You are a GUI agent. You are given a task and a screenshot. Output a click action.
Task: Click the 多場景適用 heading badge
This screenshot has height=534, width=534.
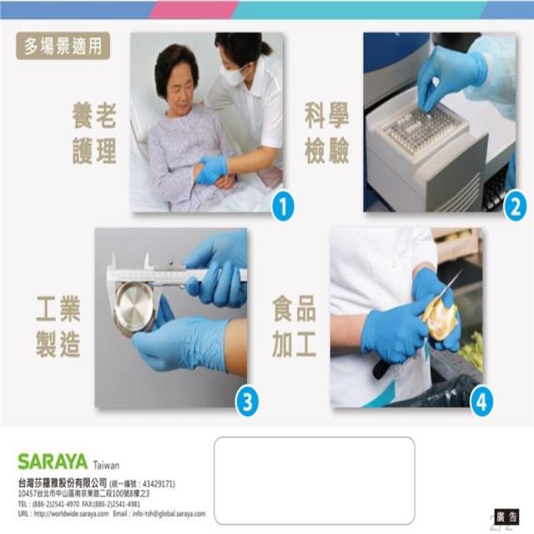[63, 47]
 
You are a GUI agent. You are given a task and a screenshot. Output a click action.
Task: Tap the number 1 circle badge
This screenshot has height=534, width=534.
[283, 205]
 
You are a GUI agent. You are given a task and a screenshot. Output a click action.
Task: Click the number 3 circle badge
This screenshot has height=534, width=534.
[246, 401]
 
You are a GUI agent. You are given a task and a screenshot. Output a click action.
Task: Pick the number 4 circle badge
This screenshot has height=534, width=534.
[481, 401]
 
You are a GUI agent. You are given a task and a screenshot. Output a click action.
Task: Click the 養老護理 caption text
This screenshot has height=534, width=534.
[93, 133]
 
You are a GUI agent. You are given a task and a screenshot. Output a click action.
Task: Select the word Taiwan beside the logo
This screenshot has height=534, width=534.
[107, 465]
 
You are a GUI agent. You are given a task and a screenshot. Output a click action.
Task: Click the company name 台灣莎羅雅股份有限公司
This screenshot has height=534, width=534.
[62, 483]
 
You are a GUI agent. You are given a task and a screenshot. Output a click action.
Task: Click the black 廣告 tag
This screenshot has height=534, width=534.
[506, 516]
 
